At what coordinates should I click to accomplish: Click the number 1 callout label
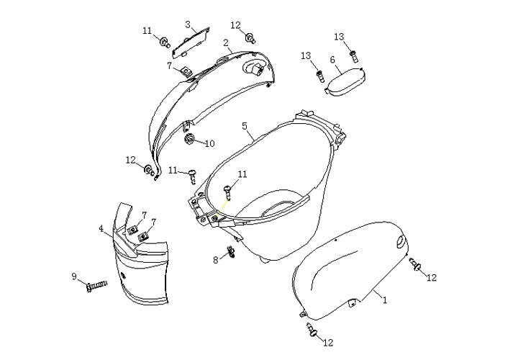pos(384,300)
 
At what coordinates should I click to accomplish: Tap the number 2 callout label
pos(226,43)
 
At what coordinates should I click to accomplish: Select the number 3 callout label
pos(188,24)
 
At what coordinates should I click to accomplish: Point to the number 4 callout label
pos(101,228)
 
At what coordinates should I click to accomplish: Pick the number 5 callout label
pos(245,126)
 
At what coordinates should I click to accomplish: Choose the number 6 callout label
pos(332,60)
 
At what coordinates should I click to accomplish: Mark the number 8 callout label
pos(216,260)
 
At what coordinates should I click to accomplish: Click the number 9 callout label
pos(74,276)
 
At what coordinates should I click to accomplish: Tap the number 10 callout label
pos(210,143)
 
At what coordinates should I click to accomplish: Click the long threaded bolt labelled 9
pos(96,286)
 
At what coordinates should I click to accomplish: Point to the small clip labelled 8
pos(231,252)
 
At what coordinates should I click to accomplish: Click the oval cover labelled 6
pos(344,81)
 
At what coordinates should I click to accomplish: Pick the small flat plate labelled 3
pos(191,42)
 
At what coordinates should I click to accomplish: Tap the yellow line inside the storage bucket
pos(222,207)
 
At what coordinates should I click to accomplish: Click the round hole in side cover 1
pos(400,242)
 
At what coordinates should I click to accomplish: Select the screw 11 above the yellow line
pos(227,192)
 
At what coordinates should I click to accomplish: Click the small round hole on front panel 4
pos(124,276)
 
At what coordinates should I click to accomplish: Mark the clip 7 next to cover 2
pos(186,71)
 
